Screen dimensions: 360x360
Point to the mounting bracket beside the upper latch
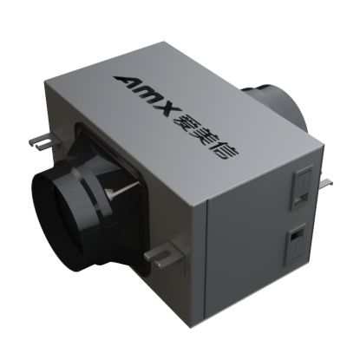(x=327, y=181)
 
